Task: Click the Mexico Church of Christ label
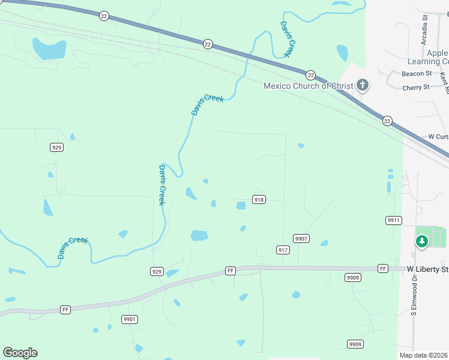click(x=309, y=86)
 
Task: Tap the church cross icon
click(x=363, y=85)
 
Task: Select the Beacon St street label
click(x=417, y=74)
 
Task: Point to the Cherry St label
click(x=416, y=88)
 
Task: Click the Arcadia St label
click(x=424, y=31)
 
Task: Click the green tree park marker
click(x=422, y=241)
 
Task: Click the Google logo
click(x=20, y=352)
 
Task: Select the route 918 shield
click(x=259, y=200)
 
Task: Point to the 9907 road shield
click(x=301, y=239)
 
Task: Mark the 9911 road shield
click(x=393, y=220)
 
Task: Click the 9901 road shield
click(x=129, y=319)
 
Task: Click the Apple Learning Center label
click(x=428, y=58)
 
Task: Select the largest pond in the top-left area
click(x=49, y=49)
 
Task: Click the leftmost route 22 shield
click(x=104, y=17)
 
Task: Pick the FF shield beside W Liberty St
click(x=383, y=268)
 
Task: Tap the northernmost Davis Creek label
click(x=286, y=40)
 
